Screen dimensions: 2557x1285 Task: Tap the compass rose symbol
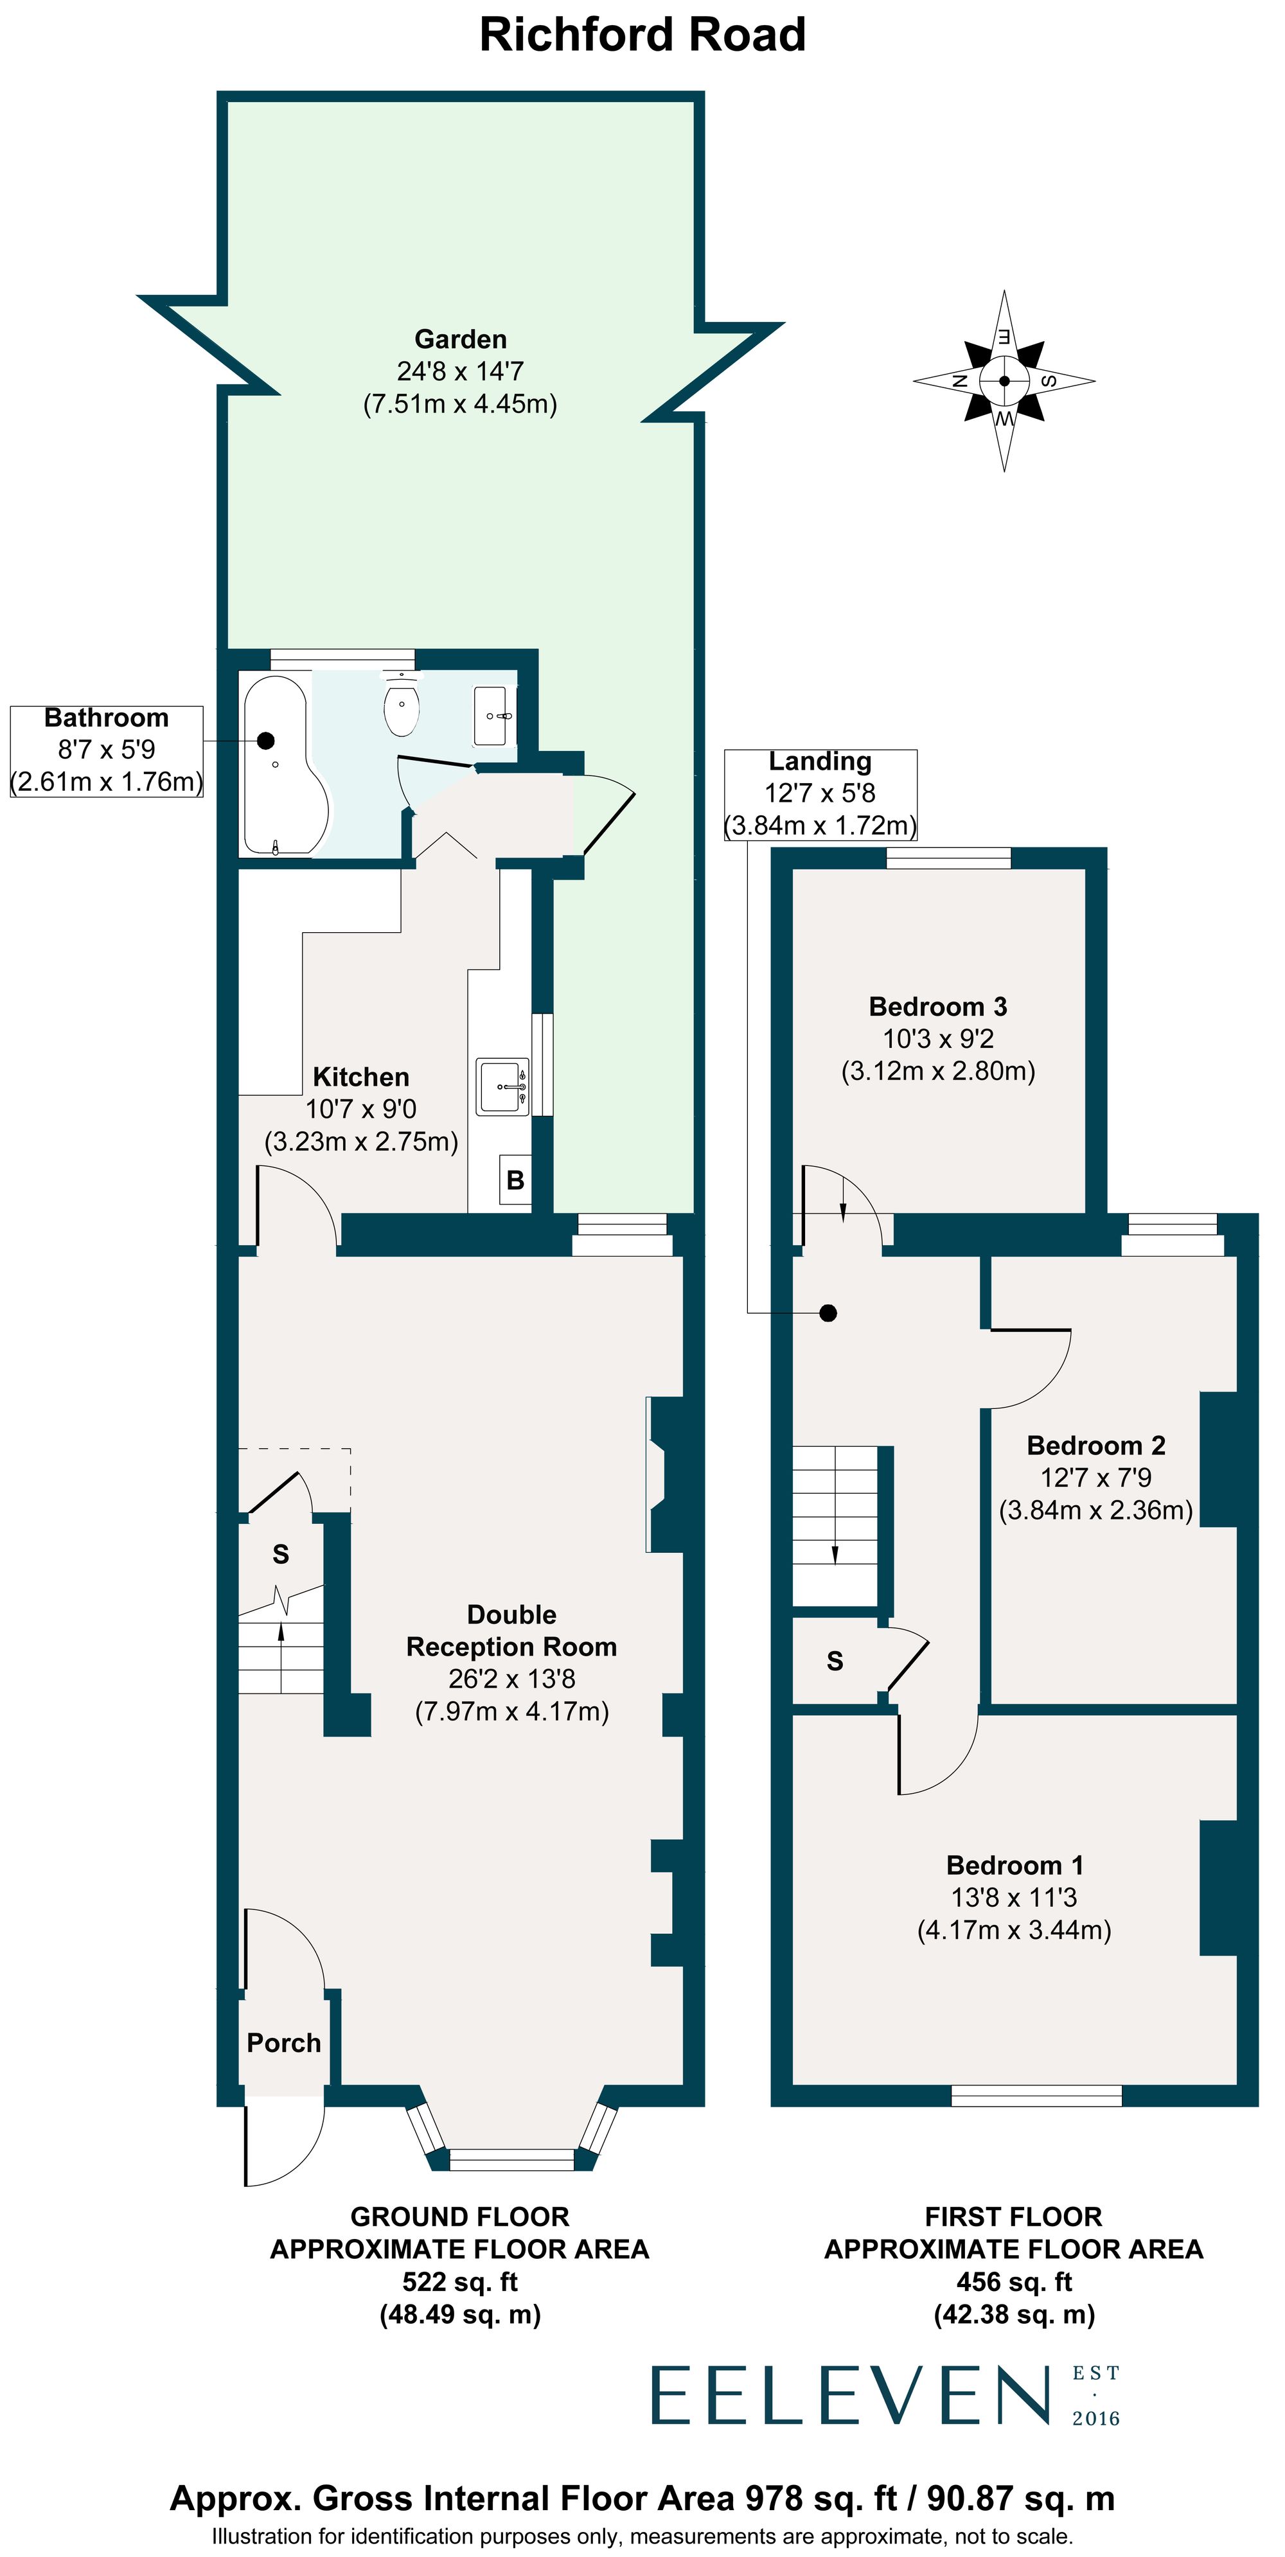coord(1004,380)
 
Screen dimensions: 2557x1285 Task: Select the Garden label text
coord(460,339)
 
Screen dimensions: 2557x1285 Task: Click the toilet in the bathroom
coord(401,708)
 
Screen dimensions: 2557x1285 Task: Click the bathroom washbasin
coord(493,714)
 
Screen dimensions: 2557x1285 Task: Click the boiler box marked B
coord(515,1180)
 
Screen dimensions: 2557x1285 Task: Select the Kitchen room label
coord(360,1077)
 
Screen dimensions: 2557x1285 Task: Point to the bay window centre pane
coord(511,2159)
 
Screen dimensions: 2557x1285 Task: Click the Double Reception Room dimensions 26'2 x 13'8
coord(511,1679)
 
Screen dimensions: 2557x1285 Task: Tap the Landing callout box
coord(820,794)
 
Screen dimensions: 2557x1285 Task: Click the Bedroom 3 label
coord(937,1007)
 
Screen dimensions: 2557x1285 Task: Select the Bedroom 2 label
coord(1095,1446)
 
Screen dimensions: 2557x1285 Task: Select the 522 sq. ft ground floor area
coord(460,2281)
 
